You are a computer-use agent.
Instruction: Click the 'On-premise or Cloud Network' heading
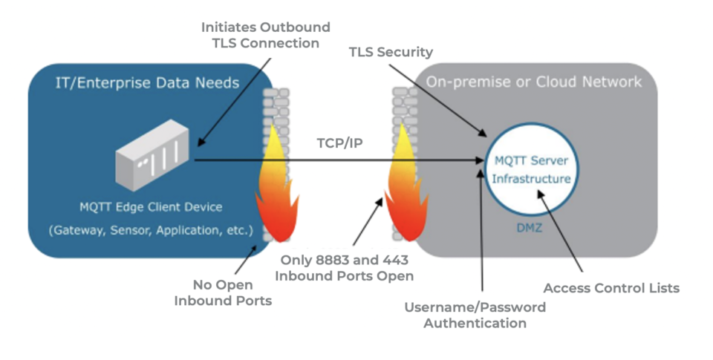pyautogui.click(x=533, y=82)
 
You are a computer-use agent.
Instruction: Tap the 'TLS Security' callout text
pyautogui.click(x=391, y=52)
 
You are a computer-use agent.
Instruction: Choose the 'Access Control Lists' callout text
pyautogui.click(x=611, y=288)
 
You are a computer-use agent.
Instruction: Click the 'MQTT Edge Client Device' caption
pyautogui.click(x=151, y=207)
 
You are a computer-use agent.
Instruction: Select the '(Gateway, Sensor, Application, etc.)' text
pyautogui.click(x=151, y=229)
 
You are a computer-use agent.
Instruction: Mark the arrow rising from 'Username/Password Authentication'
pyautogui.click(x=483, y=238)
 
